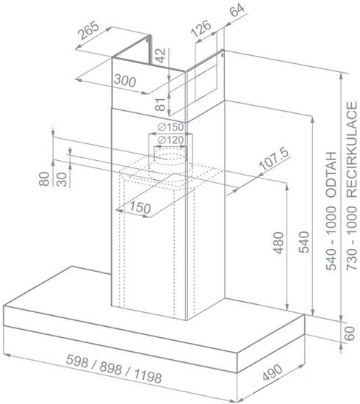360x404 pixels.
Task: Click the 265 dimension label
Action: coord(89,30)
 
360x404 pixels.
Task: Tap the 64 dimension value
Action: coord(237,10)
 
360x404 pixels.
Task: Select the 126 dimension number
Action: coord(201,29)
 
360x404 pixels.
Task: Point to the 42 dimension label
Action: coord(161,55)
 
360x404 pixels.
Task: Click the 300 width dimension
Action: coord(125,81)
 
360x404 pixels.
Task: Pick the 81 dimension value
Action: coord(160,104)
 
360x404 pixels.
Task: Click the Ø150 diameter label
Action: coord(170,127)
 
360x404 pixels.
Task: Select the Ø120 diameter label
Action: coord(170,140)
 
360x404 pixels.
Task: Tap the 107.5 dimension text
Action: coord(274,159)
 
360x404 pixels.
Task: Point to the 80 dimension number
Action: coord(44,178)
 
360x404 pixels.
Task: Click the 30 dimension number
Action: coord(62,179)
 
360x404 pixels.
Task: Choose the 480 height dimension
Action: coord(279,242)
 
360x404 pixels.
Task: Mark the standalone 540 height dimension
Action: coord(304,242)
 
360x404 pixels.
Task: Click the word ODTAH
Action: coord(331,175)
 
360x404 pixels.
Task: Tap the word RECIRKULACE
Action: coord(352,150)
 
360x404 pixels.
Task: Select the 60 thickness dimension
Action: coord(350,333)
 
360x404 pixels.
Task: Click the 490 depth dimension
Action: coord(273,372)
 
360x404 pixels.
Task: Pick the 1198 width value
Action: coord(148,376)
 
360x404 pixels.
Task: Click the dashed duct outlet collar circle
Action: coord(170,156)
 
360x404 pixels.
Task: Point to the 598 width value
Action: coord(77,361)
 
